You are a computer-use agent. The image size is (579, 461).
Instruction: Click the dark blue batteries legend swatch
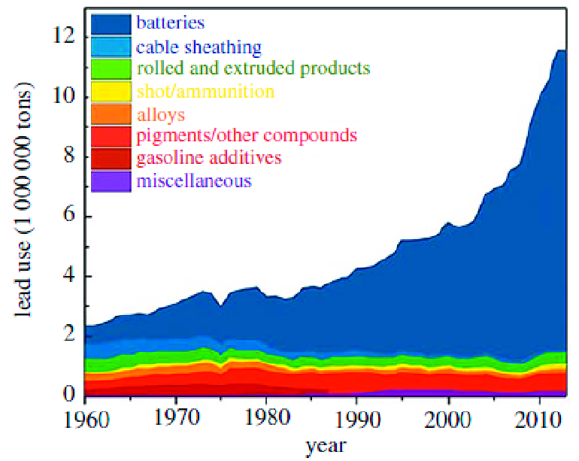111,24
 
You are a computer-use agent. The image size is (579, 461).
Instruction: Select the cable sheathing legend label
199,47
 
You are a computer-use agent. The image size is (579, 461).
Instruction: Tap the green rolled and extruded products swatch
111,69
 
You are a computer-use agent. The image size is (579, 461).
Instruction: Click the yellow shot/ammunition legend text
205,92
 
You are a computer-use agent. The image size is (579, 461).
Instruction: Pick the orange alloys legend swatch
111,114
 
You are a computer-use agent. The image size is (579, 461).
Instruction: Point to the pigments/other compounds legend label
246,136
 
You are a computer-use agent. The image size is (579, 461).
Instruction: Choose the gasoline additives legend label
208,158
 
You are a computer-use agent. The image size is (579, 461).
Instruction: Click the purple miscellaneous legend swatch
111,181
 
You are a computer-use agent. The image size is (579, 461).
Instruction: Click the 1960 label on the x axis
86,417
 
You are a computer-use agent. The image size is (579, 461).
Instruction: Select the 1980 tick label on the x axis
267,417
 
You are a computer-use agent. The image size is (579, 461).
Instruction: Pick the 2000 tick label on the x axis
448,417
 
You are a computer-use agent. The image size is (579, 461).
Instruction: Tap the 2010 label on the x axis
538,417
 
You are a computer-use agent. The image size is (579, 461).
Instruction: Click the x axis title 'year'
326,446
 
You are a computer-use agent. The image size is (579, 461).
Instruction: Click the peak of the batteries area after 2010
560,50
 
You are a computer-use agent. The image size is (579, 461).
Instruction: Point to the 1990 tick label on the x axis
357,417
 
